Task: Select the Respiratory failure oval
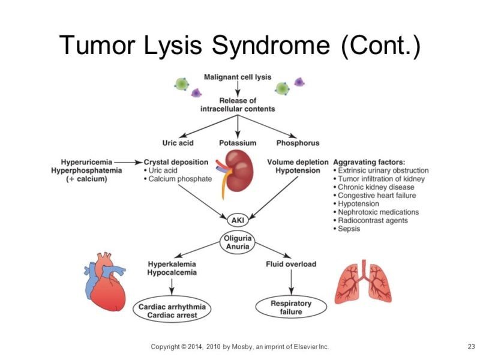[291, 307]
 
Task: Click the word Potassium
[238, 143]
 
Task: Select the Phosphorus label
[298, 143]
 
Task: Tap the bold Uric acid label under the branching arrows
[179, 143]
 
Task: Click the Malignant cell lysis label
[238, 77]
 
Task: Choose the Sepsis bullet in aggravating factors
[349, 229]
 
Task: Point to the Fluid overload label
[291, 264]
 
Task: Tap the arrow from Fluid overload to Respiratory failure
[291, 283]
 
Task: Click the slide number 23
[470, 347]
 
